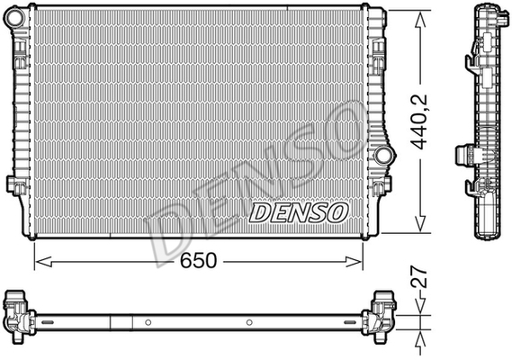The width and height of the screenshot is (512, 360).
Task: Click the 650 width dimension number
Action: click(197, 261)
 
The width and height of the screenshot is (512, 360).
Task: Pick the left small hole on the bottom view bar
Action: click(147, 321)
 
